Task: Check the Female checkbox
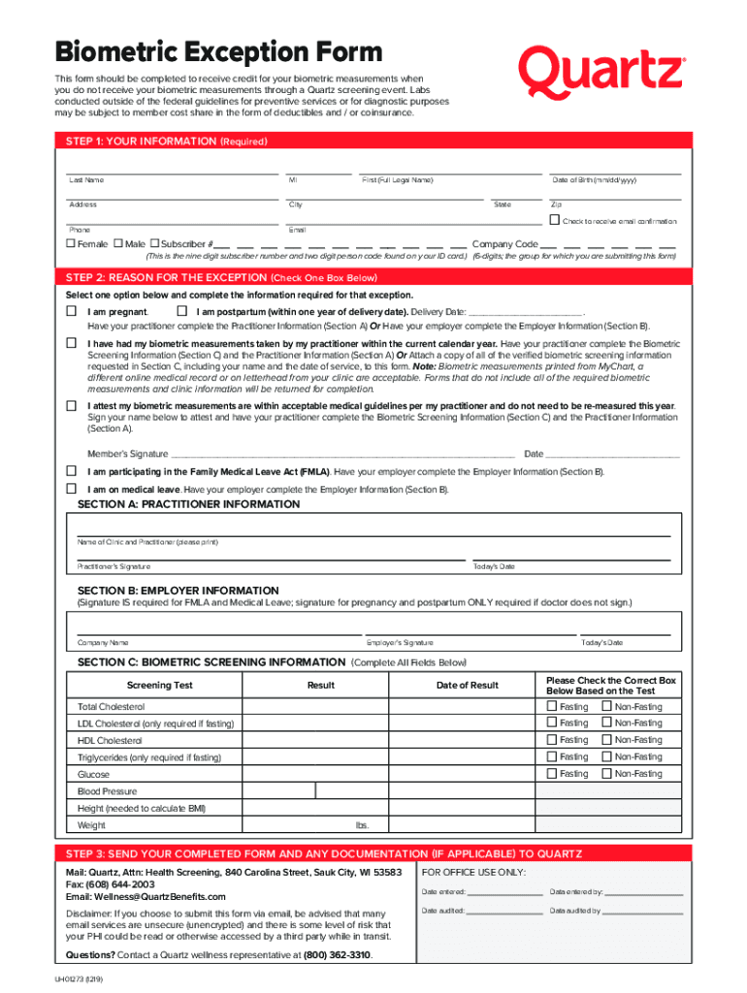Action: point(70,243)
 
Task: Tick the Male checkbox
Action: point(118,243)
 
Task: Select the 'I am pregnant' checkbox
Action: point(71,311)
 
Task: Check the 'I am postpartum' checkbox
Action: point(181,311)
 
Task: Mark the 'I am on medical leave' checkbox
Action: point(71,489)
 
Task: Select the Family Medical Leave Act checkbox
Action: point(71,470)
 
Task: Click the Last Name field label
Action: point(86,180)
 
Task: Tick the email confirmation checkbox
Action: point(556,221)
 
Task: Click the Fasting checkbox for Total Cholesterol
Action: point(552,706)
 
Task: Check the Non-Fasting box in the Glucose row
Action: point(606,774)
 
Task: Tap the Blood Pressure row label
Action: point(108,791)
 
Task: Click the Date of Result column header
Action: point(467,685)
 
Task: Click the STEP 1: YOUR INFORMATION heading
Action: point(166,142)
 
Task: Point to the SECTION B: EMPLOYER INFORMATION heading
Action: point(178,591)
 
